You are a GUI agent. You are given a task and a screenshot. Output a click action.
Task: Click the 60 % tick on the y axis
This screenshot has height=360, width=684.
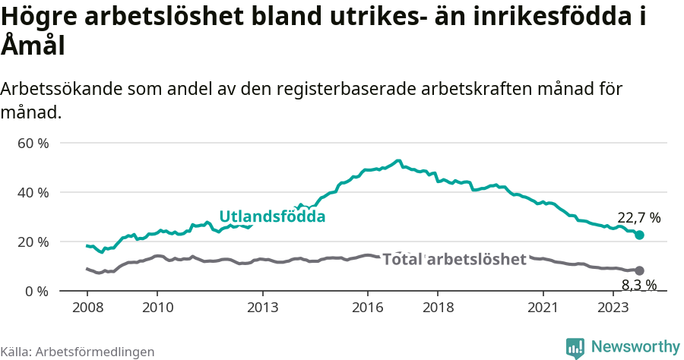(x=33, y=143)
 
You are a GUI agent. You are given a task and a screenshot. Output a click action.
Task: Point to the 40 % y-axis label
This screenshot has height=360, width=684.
(x=33, y=192)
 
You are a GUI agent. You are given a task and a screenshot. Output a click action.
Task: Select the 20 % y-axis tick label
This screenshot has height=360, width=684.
(x=33, y=242)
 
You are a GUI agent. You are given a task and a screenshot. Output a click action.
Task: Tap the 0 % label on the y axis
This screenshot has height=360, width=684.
(x=36, y=291)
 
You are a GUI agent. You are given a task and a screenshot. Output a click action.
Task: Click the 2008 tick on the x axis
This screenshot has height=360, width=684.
(x=87, y=308)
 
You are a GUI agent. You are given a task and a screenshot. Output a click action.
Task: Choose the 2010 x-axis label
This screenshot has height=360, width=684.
(x=157, y=308)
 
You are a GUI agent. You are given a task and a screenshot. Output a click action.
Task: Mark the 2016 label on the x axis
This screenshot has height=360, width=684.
(x=368, y=308)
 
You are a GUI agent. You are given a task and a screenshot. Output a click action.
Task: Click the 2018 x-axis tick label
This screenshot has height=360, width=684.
(x=439, y=308)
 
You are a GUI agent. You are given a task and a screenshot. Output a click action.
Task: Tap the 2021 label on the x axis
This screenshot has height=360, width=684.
(x=544, y=308)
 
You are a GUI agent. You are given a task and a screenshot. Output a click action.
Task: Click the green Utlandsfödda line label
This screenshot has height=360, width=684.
(x=272, y=216)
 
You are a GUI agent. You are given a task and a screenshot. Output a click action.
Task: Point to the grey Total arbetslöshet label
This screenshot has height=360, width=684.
(x=454, y=259)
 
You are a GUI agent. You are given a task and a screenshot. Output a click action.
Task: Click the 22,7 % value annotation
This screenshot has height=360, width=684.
(x=638, y=218)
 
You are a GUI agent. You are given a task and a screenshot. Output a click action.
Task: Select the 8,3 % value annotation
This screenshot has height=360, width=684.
(x=638, y=286)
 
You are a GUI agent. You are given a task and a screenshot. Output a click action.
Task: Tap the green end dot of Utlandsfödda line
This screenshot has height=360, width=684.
(x=640, y=235)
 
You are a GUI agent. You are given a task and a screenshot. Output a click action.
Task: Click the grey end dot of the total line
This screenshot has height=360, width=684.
(x=640, y=270)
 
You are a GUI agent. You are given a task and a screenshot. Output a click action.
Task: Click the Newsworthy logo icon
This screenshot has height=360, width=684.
(x=575, y=347)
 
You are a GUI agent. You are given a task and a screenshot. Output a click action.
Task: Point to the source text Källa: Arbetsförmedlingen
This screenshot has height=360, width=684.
(x=78, y=352)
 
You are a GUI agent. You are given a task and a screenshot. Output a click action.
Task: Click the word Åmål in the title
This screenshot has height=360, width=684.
(x=33, y=46)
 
